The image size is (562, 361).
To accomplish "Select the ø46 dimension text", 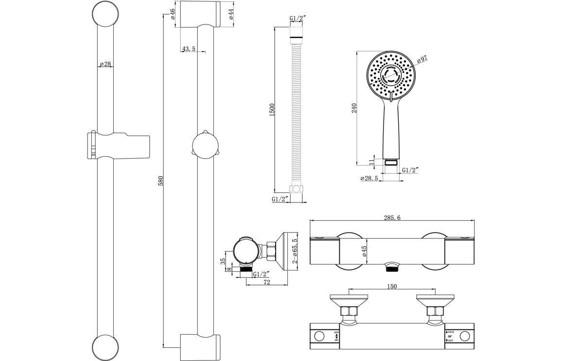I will (x=173, y=14).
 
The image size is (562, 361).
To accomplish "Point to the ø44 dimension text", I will (x=231, y=14).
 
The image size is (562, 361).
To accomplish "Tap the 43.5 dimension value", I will (x=189, y=49).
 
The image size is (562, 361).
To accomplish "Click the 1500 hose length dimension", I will (x=272, y=109).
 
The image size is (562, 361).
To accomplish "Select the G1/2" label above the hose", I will (x=297, y=18).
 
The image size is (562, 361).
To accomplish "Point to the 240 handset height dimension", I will (x=354, y=108).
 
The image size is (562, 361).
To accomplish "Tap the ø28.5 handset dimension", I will (x=369, y=179).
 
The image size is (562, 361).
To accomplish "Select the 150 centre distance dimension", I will (x=392, y=287).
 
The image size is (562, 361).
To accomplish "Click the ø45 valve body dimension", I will (x=364, y=251).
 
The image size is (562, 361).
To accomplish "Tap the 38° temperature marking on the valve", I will (x=450, y=335).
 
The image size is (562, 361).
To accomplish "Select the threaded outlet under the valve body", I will (x=391, y=267).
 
